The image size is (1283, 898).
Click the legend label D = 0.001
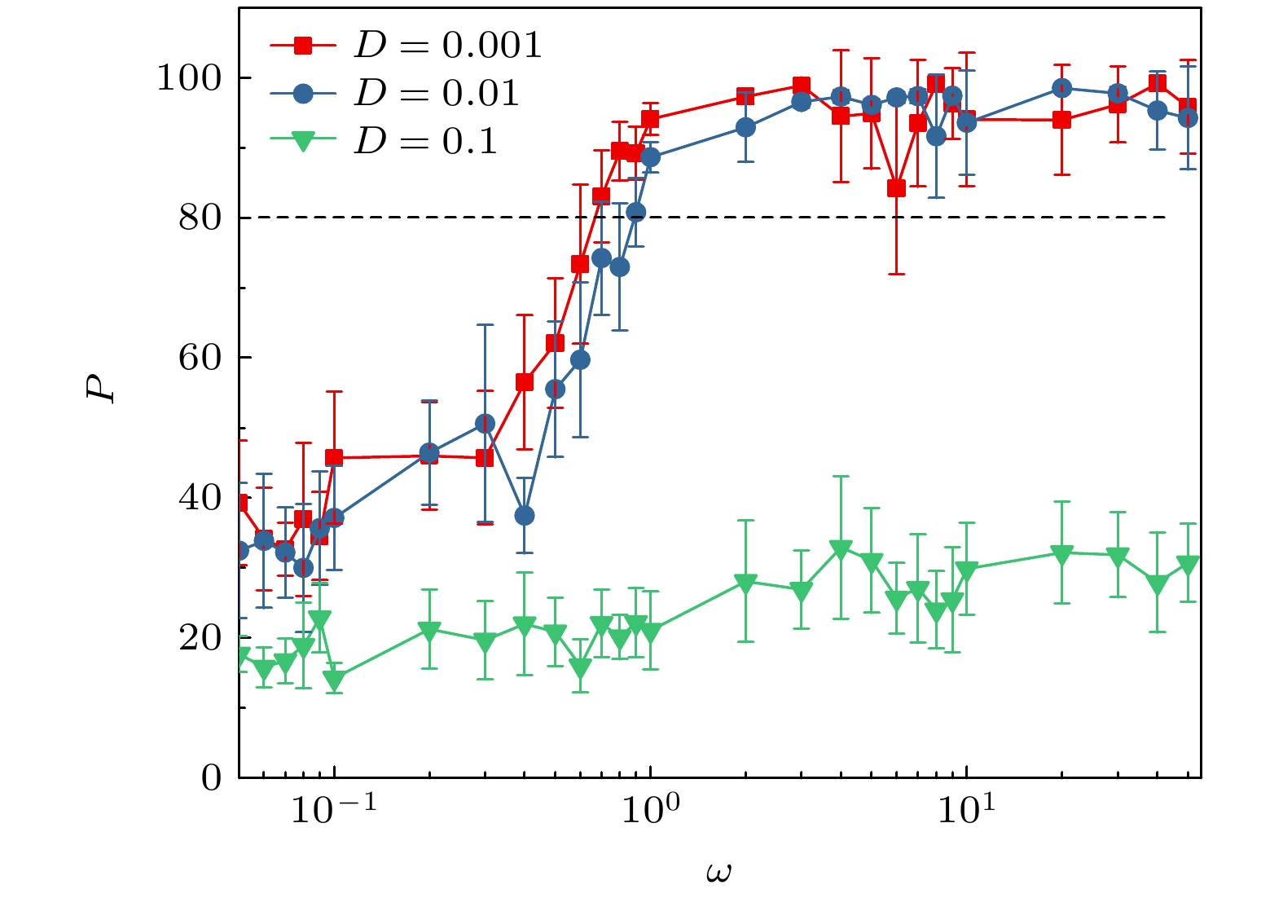(x=447, y=46)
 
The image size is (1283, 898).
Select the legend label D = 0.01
(x=436, y=94)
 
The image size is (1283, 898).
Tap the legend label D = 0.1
(x=425, y=142)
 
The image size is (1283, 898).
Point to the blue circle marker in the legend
(x=303, y=94)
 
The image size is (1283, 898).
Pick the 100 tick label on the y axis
(x=188, y=78)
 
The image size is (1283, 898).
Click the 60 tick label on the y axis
(x=200, y=358)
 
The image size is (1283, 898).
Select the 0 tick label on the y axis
(x=211, y=777)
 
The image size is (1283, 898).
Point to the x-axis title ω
(x=718, y=873)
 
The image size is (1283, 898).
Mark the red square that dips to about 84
(x=896, y=189)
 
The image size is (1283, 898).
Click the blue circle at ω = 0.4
(x=525, y=515)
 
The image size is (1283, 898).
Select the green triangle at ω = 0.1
(x=334, y=680)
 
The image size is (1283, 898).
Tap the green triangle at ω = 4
(x=841, y=549)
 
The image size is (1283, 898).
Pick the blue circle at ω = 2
(x=745, y=128)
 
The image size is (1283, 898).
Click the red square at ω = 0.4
(x=525, y=382)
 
